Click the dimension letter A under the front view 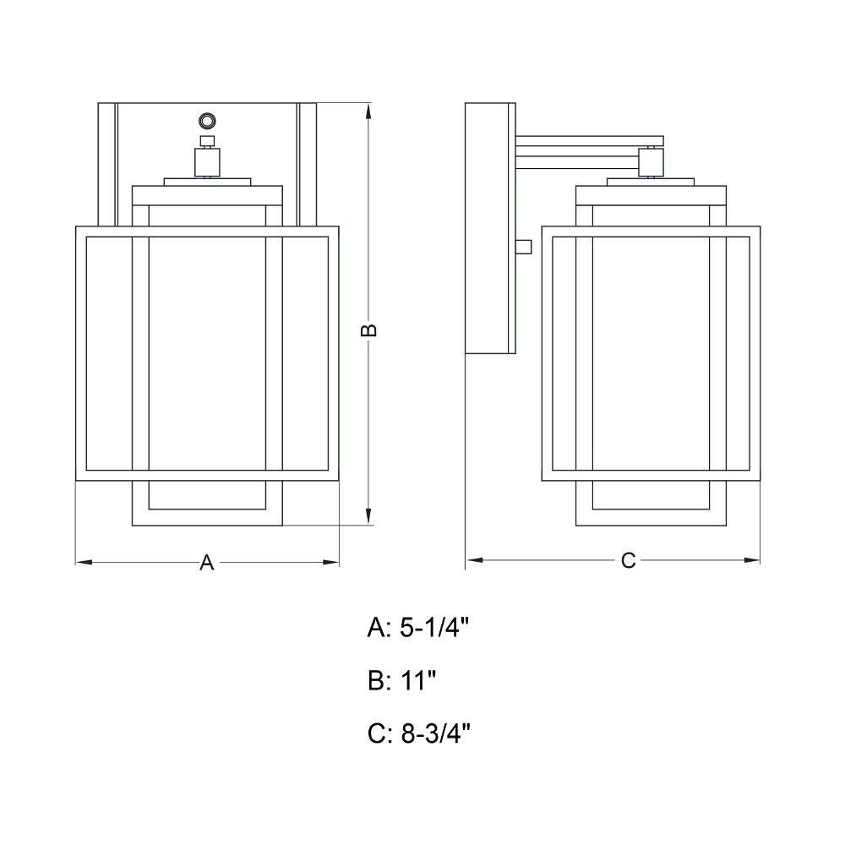(207, 562)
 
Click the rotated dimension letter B (368, 330)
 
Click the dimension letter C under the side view (629, 560)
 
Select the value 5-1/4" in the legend (434, 627)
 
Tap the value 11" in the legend (417, 680)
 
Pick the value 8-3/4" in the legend (435, 733)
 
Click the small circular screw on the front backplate (207, 121)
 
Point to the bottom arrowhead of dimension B (368, 516)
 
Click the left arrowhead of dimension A (84, 562)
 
